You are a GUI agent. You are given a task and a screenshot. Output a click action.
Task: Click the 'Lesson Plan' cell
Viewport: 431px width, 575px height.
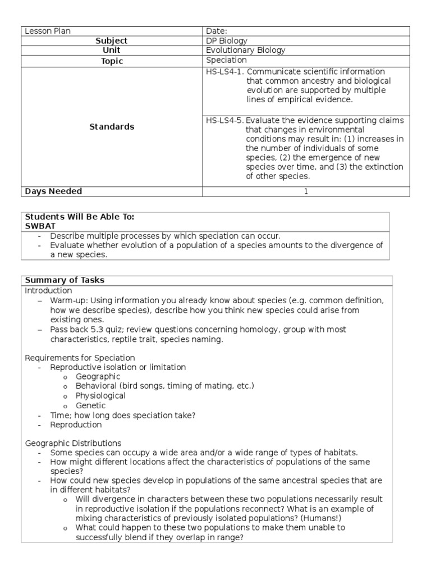coord(48,31)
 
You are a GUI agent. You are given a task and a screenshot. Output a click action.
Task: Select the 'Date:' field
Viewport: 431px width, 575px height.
coord(217,31)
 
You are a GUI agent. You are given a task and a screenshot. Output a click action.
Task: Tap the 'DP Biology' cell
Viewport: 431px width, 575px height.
coord(227,41)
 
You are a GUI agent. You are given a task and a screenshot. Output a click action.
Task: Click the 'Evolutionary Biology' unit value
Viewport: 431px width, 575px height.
coord(246,51)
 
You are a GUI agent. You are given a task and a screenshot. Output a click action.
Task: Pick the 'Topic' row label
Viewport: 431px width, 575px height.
coord(112,61)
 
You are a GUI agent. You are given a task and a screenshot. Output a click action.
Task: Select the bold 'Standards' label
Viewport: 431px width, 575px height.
coord(112,127)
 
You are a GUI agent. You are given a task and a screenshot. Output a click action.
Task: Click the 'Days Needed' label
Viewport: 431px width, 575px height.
coord(53,191)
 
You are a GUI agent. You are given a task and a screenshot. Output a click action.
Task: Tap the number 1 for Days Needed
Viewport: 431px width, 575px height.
coord(306,191)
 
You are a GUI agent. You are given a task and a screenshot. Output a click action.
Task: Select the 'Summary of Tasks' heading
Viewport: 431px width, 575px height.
coord(64,280)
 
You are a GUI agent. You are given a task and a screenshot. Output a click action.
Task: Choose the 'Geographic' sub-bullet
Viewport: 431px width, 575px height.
coord(98,377)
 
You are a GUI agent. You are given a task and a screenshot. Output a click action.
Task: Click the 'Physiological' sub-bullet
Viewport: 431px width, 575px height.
coord(101,396)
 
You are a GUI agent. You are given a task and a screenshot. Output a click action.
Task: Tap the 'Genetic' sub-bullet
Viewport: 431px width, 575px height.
coord(91,405)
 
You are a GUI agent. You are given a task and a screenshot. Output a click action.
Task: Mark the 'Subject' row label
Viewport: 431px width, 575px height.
coord(112,41)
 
